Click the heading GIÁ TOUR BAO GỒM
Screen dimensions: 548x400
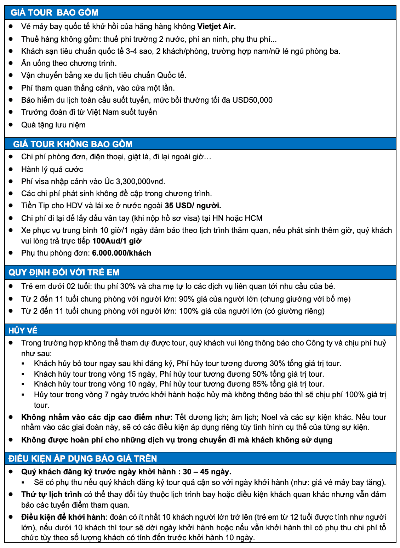coord(55,13)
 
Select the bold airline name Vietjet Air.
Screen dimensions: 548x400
coord(216,27)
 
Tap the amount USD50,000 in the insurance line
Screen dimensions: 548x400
coord(252,100)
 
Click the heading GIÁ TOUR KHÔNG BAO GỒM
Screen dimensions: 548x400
coord(73,144)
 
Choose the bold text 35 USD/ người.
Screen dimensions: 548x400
coord(193,206)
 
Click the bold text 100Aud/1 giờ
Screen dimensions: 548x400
coord(117,241)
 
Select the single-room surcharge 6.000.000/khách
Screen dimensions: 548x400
coord(121,253)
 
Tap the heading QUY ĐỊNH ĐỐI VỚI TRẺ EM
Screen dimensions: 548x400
coord(64,272)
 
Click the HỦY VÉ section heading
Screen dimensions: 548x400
coord(23,330)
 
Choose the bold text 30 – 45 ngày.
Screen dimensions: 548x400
coord(207,472)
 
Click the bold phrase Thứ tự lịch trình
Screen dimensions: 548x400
coord(51,495)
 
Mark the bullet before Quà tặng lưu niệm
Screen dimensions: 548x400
coord(11,125)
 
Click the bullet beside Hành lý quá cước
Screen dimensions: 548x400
coord(11,169)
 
